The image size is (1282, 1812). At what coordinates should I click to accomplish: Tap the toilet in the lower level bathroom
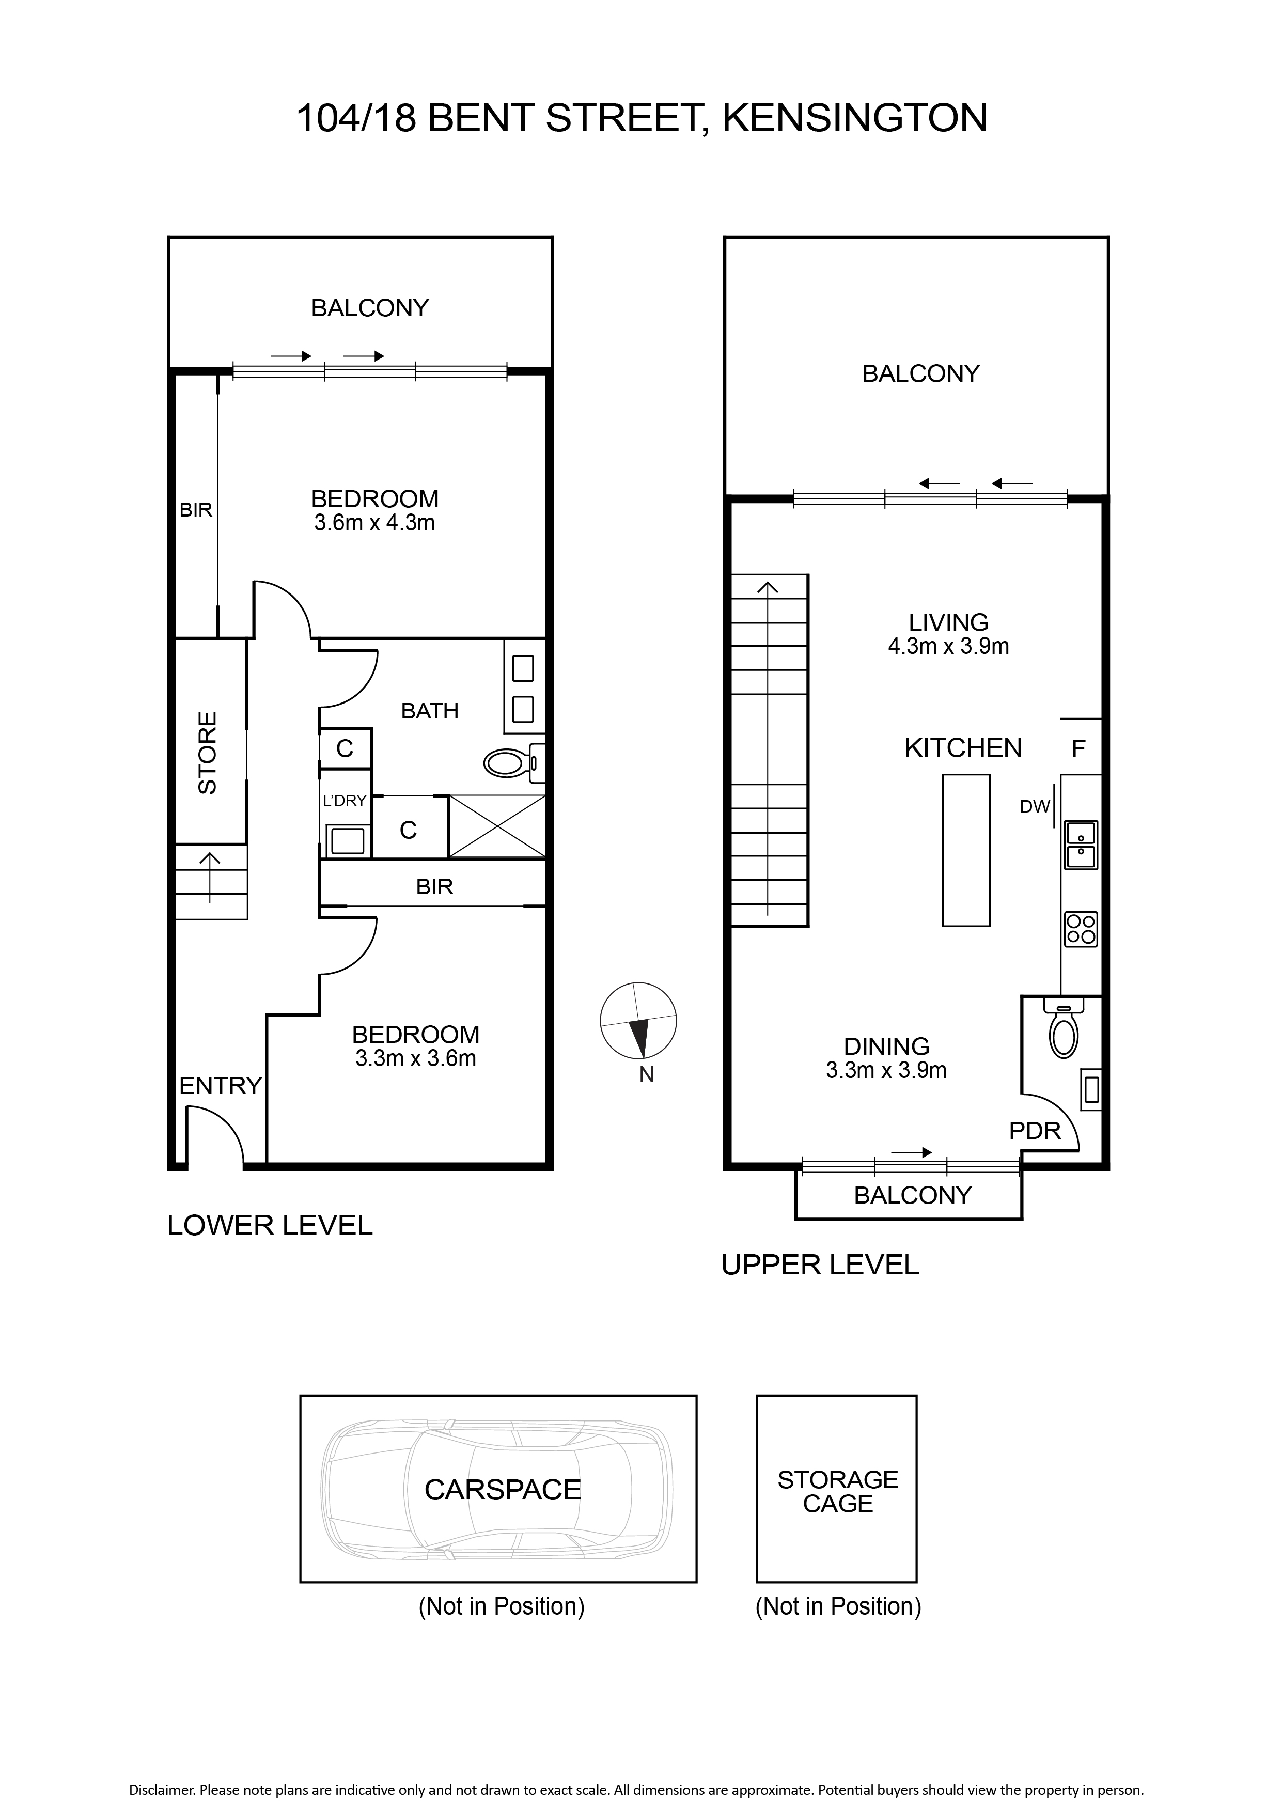click(514, 762)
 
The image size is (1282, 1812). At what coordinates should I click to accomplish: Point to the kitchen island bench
click(966, 850)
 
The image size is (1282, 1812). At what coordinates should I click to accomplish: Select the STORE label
click(207, 753)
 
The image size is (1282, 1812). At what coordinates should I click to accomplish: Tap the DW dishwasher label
click(1035, 806)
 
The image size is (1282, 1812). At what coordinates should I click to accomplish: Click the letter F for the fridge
click(1078, 747)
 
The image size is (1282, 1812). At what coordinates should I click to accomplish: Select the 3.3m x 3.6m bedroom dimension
click(416, 1058)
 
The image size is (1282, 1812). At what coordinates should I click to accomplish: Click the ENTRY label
click(220, 1086)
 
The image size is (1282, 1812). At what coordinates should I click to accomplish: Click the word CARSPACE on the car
click(503, 1490)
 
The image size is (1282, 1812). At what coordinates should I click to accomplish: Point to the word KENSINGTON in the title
click(855, 118)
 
